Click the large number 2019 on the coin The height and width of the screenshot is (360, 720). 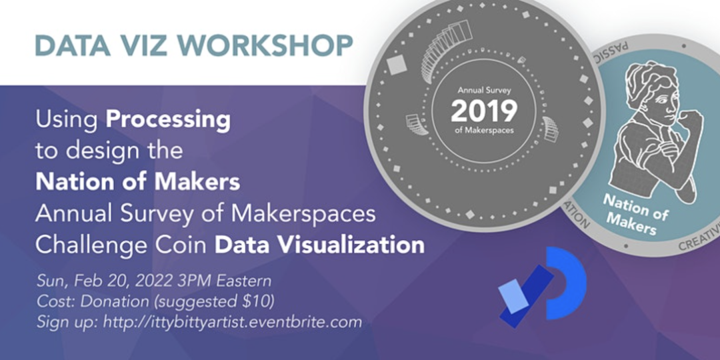[x=483, y=111]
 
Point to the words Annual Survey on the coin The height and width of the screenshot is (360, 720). [x=483, y=91]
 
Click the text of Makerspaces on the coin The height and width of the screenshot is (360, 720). [x=483, y=131]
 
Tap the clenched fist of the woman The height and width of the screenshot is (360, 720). [x=689, y=123]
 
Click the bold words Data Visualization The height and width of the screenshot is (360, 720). [x=319, y=245]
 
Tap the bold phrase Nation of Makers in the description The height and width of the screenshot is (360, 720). [x=138, y=182]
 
